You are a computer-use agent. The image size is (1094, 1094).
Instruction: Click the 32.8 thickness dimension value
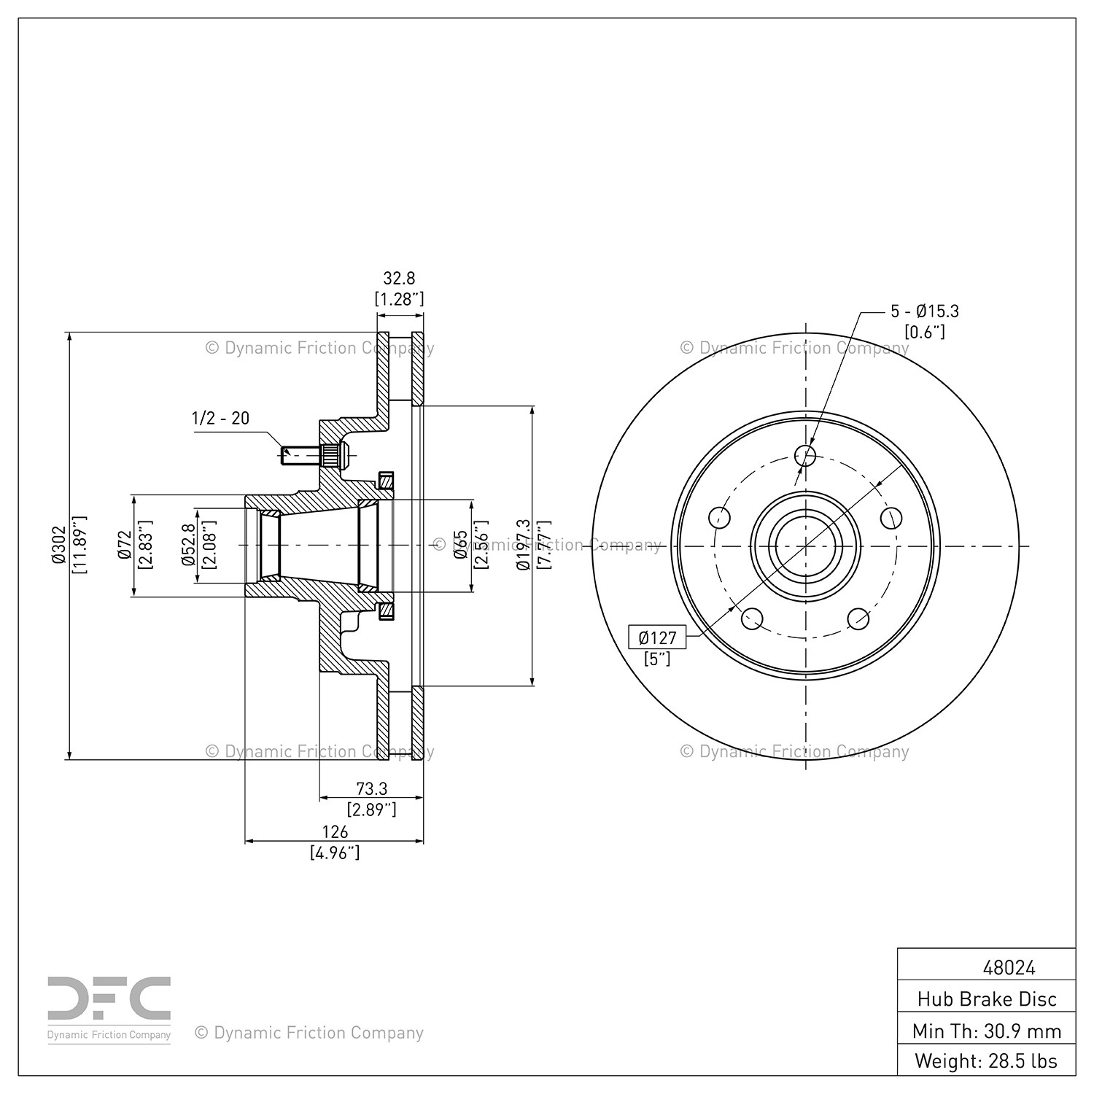[x=399, y=278]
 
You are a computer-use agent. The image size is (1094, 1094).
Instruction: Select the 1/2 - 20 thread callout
[x=220, y=418]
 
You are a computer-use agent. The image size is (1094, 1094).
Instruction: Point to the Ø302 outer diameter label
[x=59, y=546]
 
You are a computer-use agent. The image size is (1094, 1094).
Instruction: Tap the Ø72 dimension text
[x=124, y=546]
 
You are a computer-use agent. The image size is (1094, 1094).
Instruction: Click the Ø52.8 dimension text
[x=187, y=546]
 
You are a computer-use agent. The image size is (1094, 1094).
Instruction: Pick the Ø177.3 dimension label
[x=522, y=546]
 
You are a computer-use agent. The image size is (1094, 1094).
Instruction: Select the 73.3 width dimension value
[x=371, y=788]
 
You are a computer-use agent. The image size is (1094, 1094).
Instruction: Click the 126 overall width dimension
[x=335, y=831]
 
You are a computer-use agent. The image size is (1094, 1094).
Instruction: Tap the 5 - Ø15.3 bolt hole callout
[x=924, y=311]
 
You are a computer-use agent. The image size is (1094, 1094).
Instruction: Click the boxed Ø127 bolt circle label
[x=657, y=637]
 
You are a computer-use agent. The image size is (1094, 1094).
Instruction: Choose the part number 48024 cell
[x=1009, y=968]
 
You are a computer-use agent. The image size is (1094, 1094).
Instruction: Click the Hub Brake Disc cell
[x=987, y=999]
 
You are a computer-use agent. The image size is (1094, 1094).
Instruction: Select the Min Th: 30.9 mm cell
[x=987, y=1031]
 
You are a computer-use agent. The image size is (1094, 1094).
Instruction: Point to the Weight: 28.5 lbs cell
[x=987, y=1060]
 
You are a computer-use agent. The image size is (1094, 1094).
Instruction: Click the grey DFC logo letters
[x=109, y=999]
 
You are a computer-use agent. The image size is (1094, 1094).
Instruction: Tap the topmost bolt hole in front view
[x=805, y=455]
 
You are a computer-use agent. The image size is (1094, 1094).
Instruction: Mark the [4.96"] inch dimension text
[x=335, y=852]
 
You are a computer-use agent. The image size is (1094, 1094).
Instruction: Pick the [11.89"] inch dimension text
[x=79, y=546]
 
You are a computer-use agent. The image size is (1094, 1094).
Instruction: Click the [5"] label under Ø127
[x=657, y=659]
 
